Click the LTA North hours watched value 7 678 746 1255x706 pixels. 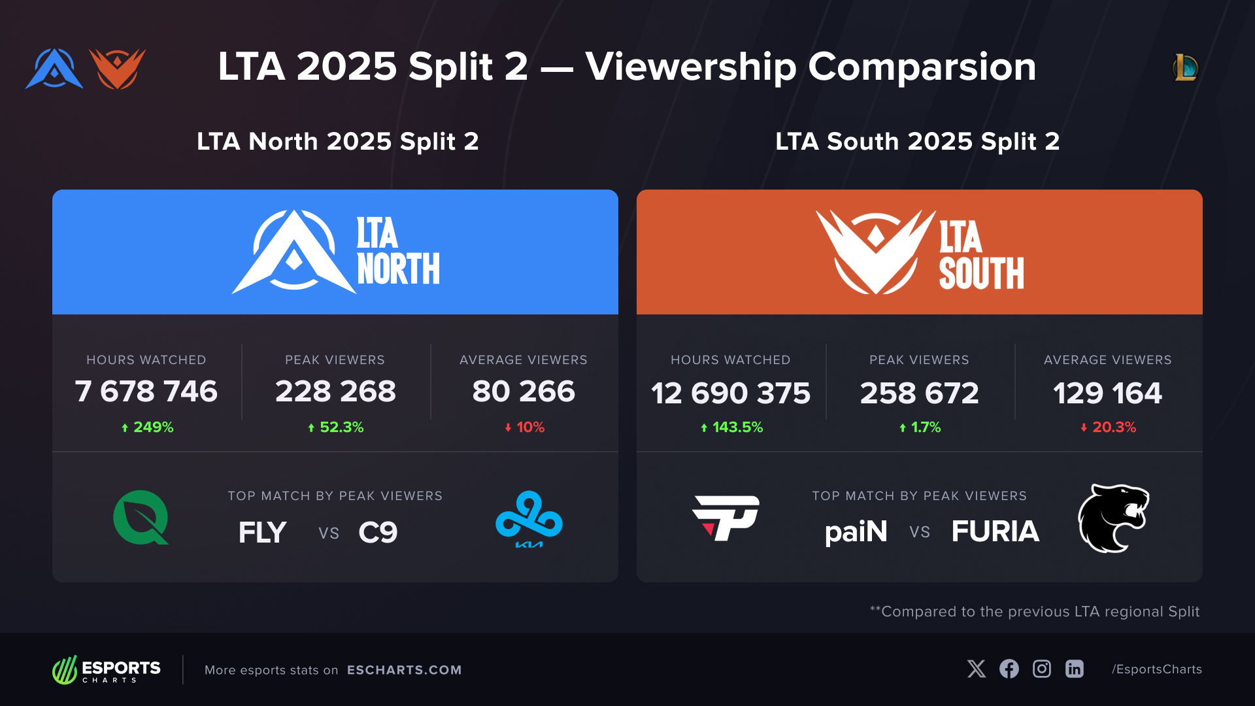tap(146, 392)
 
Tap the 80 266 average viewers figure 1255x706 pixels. tap(524, 392)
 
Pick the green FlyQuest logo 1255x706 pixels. tap(141, 518)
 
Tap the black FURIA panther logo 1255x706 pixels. tap(1113, 518)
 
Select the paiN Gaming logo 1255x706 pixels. tap(726, 518)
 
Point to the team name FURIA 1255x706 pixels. tap(995, 531)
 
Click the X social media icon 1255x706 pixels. tap(977, 669)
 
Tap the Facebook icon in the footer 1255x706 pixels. tap(1009, 669)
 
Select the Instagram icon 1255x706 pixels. tap(1042, 669)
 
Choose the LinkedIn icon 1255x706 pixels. tap(1075, 669)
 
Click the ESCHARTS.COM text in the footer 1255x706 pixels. tap(404, 670)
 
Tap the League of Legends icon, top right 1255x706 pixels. tap(1185, 67)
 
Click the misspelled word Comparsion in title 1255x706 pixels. tap(922, 67)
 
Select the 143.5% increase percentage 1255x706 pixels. tap(731, 428)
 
